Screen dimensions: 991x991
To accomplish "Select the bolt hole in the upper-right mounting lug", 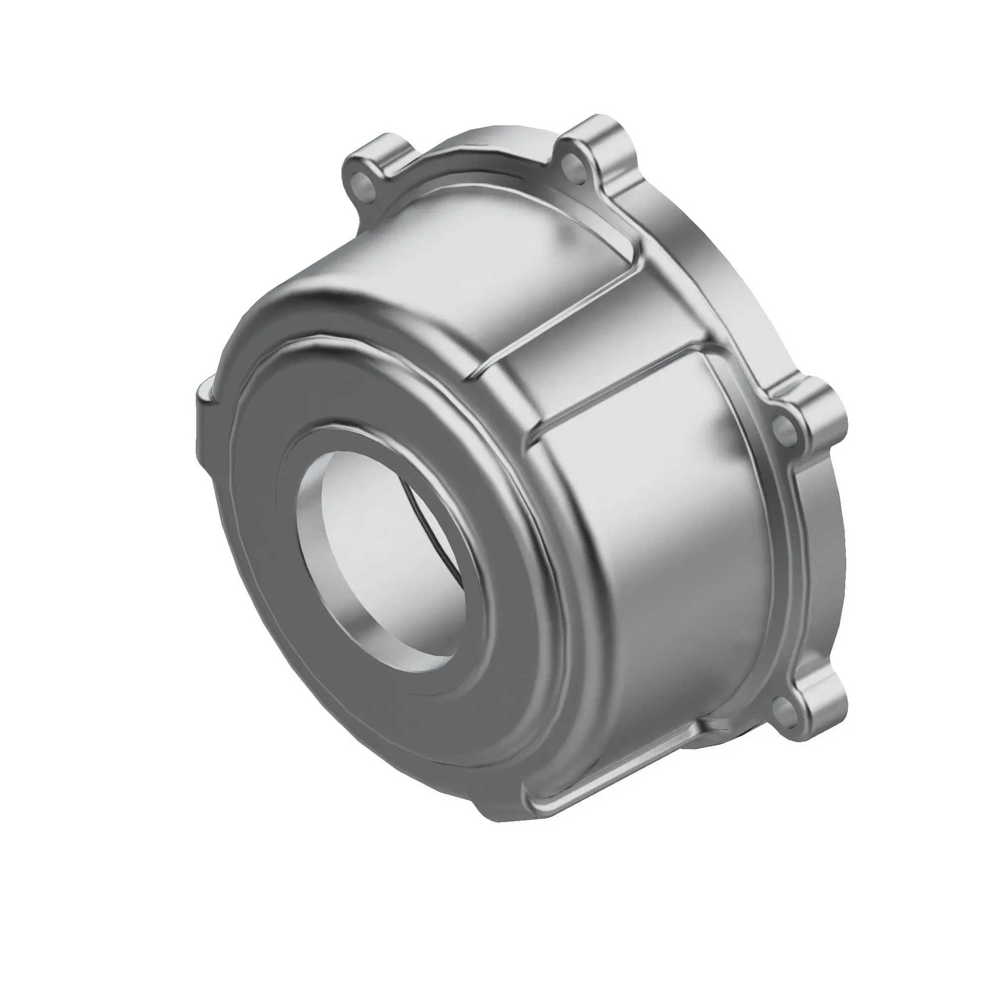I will coord(571,163).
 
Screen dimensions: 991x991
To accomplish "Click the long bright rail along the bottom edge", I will coord(615,785).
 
